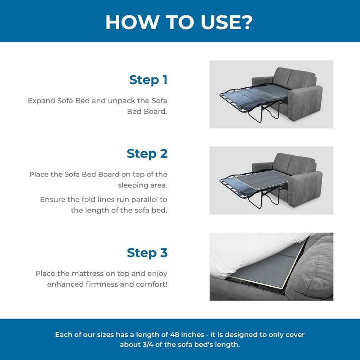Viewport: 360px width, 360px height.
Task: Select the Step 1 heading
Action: [x=148, y=80]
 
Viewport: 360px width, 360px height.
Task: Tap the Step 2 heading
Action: [x=147, y=153]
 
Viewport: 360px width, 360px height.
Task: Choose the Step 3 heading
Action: [x=147, y=253]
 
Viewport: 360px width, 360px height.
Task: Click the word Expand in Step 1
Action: [x=41, y=101]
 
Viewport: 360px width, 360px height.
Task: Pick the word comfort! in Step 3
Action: [x=152, y=284]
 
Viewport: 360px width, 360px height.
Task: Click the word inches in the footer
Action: [x=193, y=334]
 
